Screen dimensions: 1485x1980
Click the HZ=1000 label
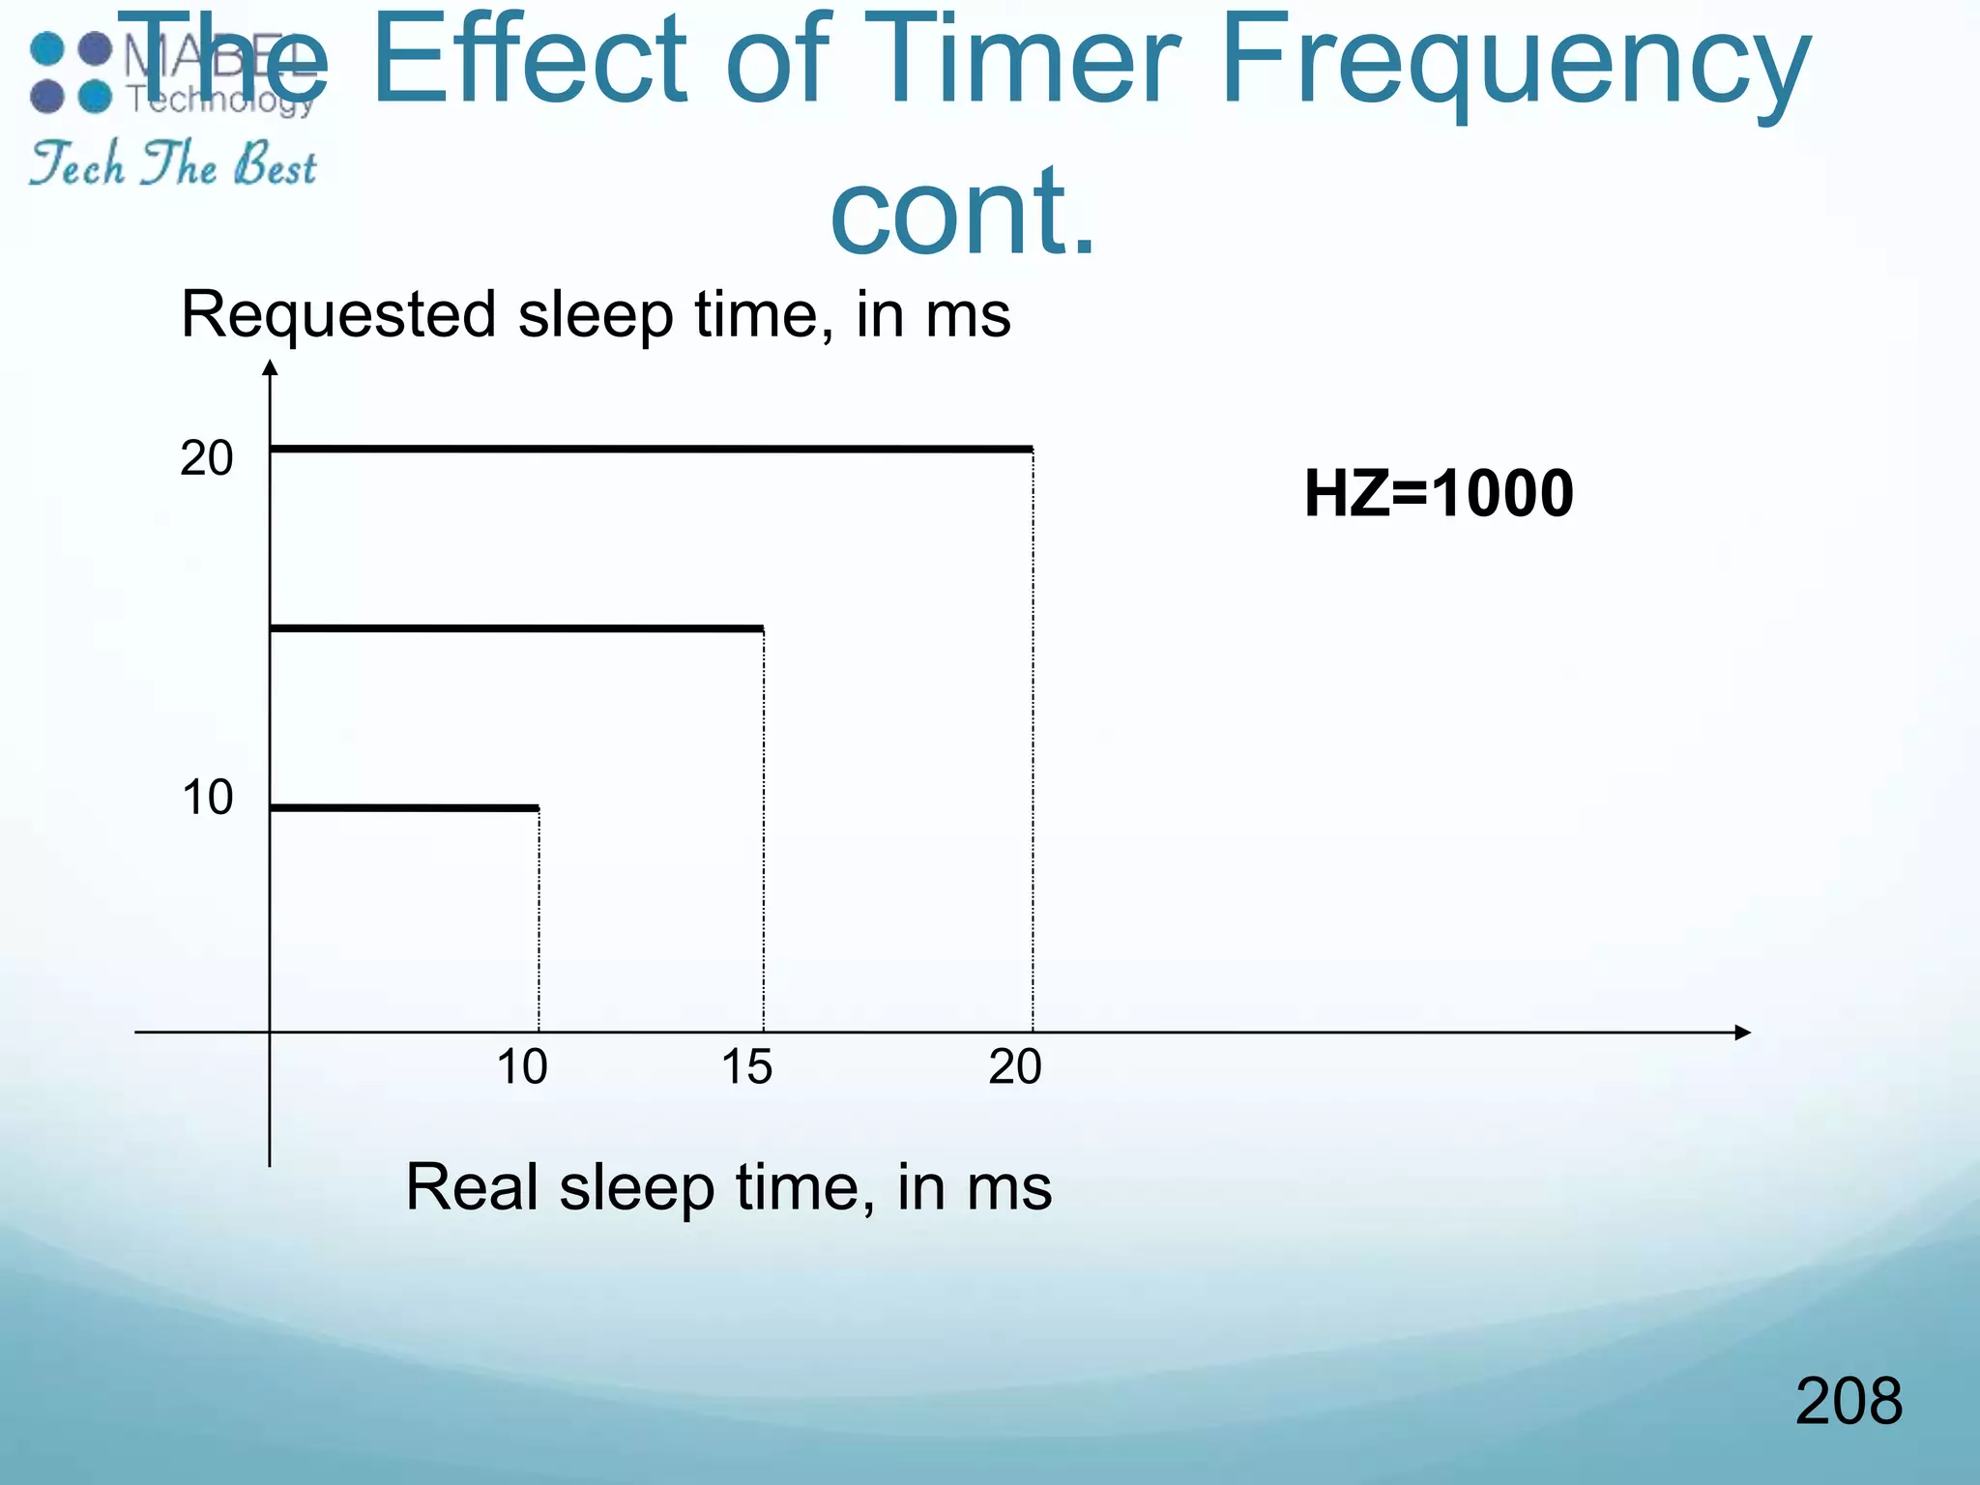click(x=1439, y=494)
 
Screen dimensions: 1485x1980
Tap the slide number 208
click(x=1849, y=1401)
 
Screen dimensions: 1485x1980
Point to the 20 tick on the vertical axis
click(x=207, y=458)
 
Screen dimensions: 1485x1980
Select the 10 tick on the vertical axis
click(x=207, y=799)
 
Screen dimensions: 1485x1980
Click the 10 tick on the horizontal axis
click(x=522, y=1067)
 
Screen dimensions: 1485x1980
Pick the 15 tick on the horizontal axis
click(x=746, y=1067)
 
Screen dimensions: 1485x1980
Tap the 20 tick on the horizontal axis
click(x=1015, y=1067)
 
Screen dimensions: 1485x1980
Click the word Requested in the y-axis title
click(x=338, y=315)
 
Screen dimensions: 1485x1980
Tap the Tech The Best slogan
click(x=172, y=164)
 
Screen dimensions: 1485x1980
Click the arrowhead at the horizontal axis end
click(x=1742, y=1033)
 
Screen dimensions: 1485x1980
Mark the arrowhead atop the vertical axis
click(x=271, y=367)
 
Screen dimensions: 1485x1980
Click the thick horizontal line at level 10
click(x=404, y=807)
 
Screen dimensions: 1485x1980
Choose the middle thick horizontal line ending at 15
click(x=516, y=628)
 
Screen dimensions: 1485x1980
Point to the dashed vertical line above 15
click(x=764, y=831)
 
